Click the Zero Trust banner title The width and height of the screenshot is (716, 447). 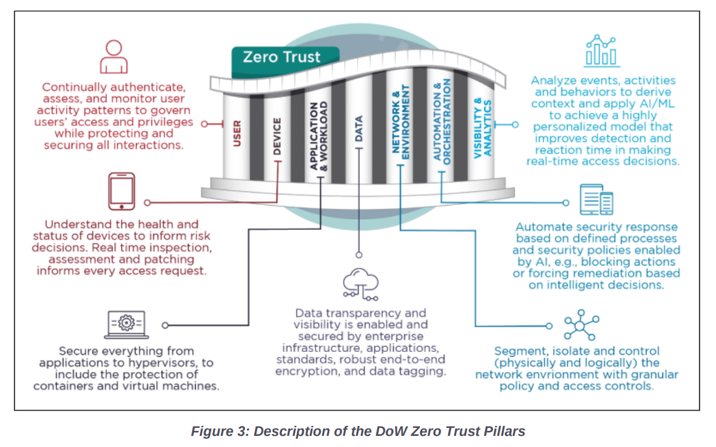[x=281, y=57]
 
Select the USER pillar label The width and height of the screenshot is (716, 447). [x=237, y=133]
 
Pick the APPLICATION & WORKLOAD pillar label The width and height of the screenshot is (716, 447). [x=319, y=136]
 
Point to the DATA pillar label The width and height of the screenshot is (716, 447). [x=359, y=129]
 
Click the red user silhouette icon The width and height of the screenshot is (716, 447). [x=114, y=56]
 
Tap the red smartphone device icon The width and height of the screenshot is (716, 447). [x=122, y=191]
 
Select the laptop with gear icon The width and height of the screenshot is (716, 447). [x=126, y=322]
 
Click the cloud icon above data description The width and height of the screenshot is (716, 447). [x=360, y=285]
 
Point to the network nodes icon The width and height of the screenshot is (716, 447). [x=580, y=325]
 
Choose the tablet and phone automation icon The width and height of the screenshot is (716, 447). [x=597, y=200]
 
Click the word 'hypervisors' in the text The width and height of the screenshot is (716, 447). [x=177, y=363]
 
